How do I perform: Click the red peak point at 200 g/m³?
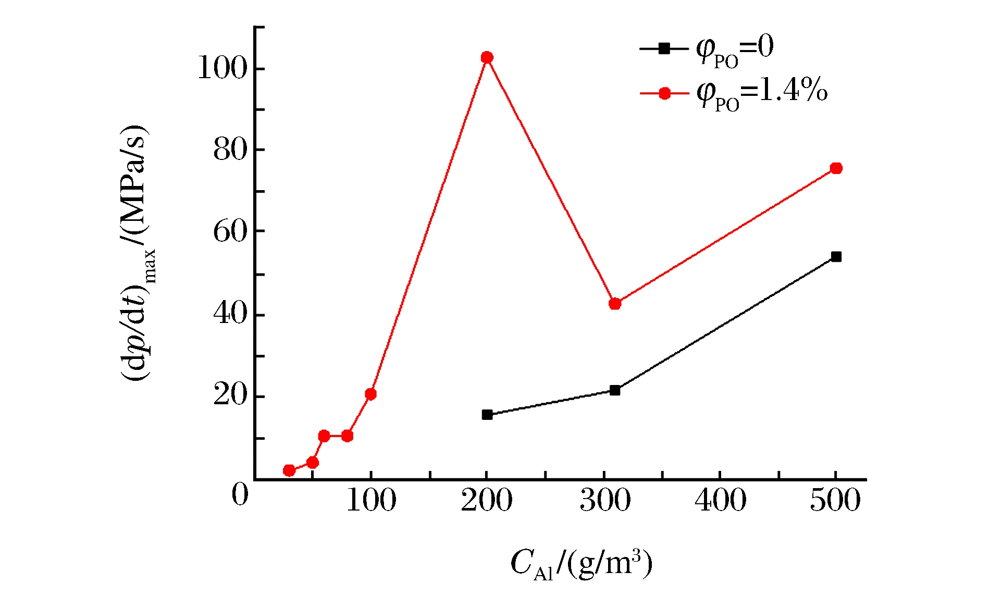(x=487, y=57)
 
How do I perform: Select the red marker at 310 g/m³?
(x=615, y=304)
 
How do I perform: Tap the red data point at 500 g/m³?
(x=836, y=168)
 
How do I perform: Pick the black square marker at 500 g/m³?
(x=836, y=257)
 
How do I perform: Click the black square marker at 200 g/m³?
(x=487, y=415)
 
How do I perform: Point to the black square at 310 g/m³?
(x=615, y=390)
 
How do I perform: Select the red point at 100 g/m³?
(x=370, y=394)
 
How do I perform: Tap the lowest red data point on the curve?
(x=289, y=470)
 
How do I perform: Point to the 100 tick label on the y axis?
(x=222, y=68)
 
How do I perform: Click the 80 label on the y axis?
(x=230, y=150)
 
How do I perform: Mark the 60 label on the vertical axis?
(x=230, y=232)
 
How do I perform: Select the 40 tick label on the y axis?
(x=230, y=314)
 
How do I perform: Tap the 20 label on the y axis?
(x=230, y=395)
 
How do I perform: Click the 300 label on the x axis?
(x=604, y=500)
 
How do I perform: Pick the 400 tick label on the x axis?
(x=720, y=500)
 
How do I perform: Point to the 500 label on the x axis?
(x=835, y=500)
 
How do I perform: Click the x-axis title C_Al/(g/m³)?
(x=581, y=564)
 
